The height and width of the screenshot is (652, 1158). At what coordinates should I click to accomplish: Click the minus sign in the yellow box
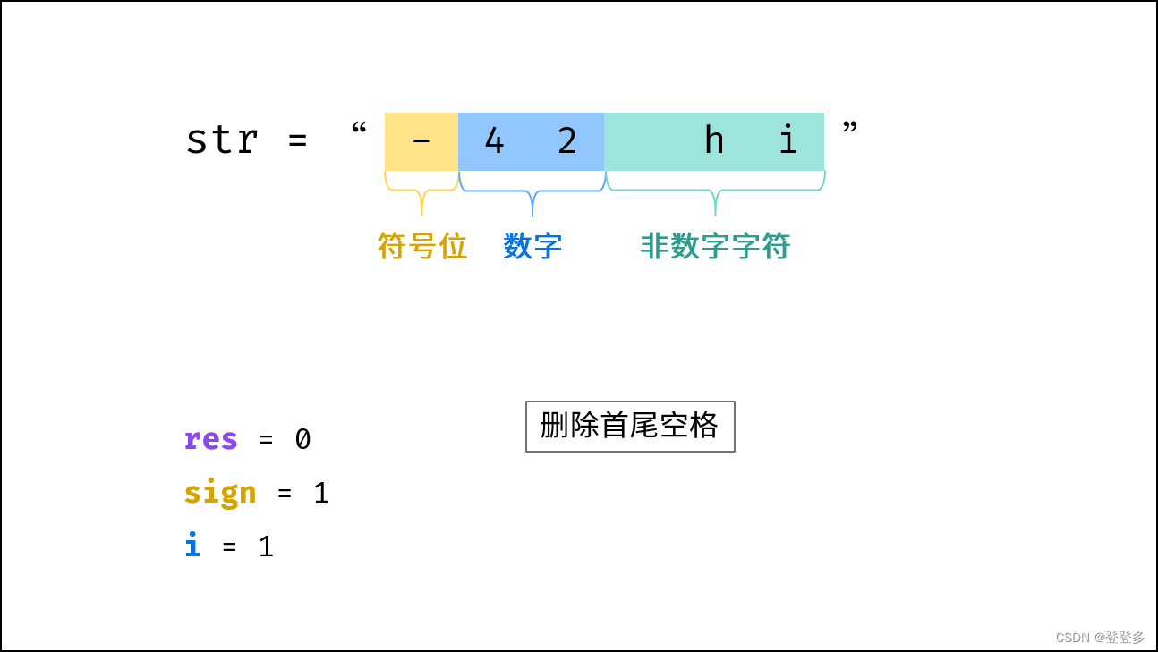click(421, 141)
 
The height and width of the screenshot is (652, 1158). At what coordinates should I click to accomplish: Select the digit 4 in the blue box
click(494, 140)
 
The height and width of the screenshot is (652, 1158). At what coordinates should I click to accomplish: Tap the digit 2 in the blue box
click(567, 140)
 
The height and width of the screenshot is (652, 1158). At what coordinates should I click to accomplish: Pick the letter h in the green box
click(713, 140)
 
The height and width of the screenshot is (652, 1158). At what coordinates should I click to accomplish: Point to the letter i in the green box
click(787, 140)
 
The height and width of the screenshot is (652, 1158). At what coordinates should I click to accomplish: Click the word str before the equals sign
click(222, 140)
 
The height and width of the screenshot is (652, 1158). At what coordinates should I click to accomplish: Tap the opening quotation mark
click(359, 130)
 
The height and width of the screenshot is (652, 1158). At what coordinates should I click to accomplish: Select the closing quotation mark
click(850, 130)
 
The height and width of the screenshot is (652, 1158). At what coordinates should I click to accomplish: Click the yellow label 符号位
click(422, 246)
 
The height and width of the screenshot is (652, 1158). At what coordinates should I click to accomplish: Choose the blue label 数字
click(532, 246)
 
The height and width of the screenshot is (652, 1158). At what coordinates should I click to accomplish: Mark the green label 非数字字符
click(715, 246)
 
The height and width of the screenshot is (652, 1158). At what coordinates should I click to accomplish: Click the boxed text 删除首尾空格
click(630, 426)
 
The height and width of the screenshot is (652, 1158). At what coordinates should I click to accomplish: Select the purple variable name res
click(211, 439)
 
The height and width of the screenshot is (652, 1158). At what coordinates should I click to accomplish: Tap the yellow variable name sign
click(220, 493)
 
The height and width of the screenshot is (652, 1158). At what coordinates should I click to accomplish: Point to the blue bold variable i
click(192, 546)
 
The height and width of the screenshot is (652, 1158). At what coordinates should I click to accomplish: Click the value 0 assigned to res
click(302, 439)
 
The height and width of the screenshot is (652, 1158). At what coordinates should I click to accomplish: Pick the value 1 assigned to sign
click(321, 493)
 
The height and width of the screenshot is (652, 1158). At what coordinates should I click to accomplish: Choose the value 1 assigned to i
click(266, 546)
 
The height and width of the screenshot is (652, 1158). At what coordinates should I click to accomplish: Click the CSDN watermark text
click(1100, 637)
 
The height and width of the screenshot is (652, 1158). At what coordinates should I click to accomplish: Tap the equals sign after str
click(298, 141)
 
